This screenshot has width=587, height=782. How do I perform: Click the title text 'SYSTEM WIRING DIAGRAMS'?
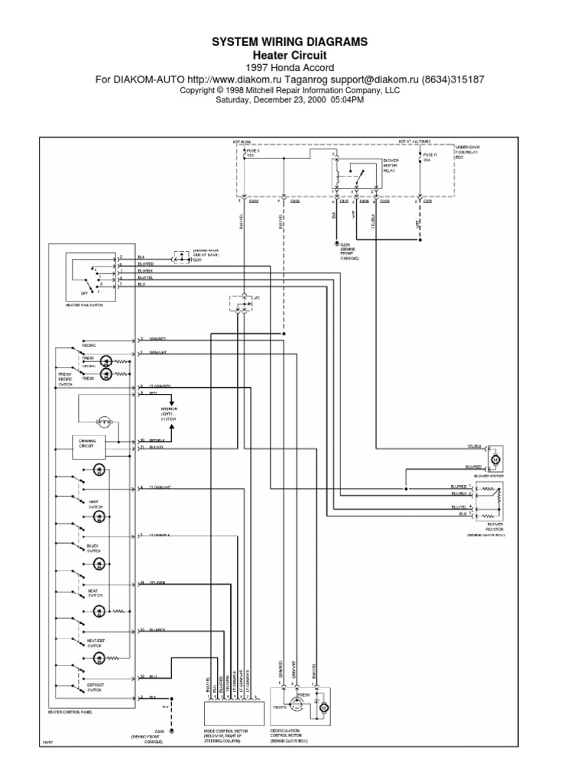click(293, 44)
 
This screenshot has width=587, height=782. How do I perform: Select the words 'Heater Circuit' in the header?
click(293, 56)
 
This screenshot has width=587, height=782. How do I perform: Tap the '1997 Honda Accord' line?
click(293, 68)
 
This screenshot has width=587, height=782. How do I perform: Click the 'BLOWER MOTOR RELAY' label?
click(391, 166)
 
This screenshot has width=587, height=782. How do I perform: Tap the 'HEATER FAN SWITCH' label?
click(83, 304)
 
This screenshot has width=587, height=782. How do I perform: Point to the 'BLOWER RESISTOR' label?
click(495, 528)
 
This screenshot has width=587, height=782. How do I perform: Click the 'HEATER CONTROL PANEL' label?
click(70, 712)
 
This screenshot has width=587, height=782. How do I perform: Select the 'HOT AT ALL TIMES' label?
click(413, 141)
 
